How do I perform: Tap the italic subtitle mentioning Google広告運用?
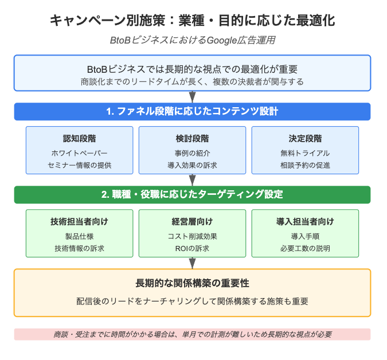tap(192, 40)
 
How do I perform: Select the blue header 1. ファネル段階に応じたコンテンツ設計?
tap(192, 112)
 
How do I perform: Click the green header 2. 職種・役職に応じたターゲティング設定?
tap(192, 195)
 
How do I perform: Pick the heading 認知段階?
tap(80, 138)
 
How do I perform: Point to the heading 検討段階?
tap(192, 138)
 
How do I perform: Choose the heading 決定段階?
tap(305, 138)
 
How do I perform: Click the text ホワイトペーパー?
tap(80, 153)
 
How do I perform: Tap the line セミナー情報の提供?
tap(80, 165)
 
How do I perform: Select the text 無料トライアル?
tap(305, 153)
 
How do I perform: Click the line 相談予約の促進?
tap(305, 165)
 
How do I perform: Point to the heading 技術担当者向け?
tap(80, 222)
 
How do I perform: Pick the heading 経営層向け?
tap(192, 222)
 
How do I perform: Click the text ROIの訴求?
tap(192, 248)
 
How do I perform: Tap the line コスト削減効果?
tap(192, 236)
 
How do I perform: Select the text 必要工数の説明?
tap(305, 248)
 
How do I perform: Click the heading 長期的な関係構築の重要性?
tap(192, 283)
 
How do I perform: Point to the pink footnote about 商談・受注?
tap(192, 334)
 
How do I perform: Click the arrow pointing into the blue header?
tap(192, 97)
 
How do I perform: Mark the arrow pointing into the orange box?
tap(192, 263)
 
